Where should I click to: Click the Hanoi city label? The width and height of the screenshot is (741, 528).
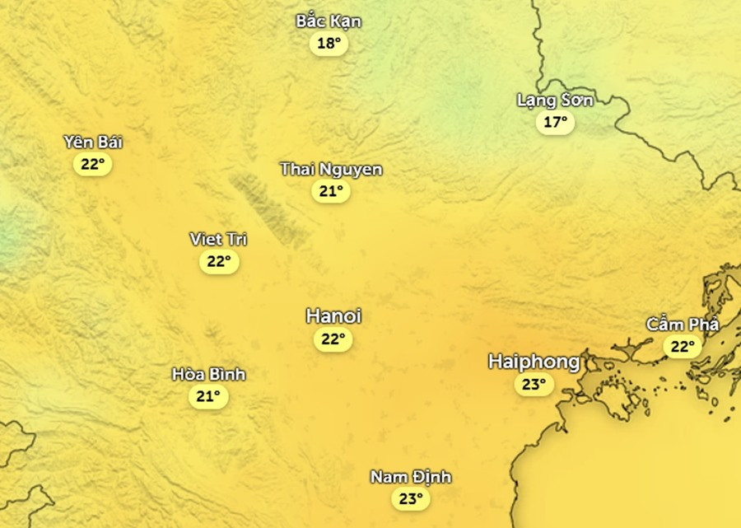pyautogui.click(x=333, y=315)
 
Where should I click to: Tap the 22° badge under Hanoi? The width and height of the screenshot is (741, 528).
pyautogui.click(x=333, y=339)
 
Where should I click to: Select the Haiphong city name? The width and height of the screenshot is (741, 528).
pyautogui.click(x=534, y=362)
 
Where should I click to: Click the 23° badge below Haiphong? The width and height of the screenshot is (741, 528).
pyautogui.click(x=534, y=384)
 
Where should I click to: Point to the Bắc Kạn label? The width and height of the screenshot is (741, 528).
pyautogui.click(x=329, y=21)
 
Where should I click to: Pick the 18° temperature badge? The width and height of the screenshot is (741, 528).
pyautogui.click(x=329, y=44)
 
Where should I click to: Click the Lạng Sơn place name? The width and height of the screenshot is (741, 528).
pyautogui.click(x=555, y=100)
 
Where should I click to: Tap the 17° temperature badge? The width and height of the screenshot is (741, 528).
pyautogui.click(x=555, y=123)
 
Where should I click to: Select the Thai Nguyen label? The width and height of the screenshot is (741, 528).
pyautogui.click(x=331, y=169)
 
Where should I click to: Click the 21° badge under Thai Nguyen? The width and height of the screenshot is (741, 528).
pyautogui.click(x=331, y=191)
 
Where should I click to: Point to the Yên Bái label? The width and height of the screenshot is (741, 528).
pyautogui.click(x=93, y=142)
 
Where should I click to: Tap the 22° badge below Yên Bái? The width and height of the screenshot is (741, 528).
pyautogui.click(x=92, y=164)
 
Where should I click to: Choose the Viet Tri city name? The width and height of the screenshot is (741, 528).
pyautogui.click(x=218, y=239)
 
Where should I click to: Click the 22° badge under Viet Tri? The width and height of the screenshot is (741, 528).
pyautogui.click(x=218, y=262)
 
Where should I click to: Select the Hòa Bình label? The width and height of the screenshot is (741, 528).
pyautogui.click(x=208, y=374)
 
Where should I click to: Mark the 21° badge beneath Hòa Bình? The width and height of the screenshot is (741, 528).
pyautogui.click(x=207, y=396)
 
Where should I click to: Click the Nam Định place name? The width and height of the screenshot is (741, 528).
pyautogui.click(x=410, y=477)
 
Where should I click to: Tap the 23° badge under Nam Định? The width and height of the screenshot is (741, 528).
pyautogui.click(x=410, y=498)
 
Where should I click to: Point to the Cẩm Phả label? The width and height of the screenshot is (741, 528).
pyautogui.click(x=683, y=324)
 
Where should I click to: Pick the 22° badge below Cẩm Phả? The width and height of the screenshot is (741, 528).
pyautogui.click(x=683, y=346)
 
